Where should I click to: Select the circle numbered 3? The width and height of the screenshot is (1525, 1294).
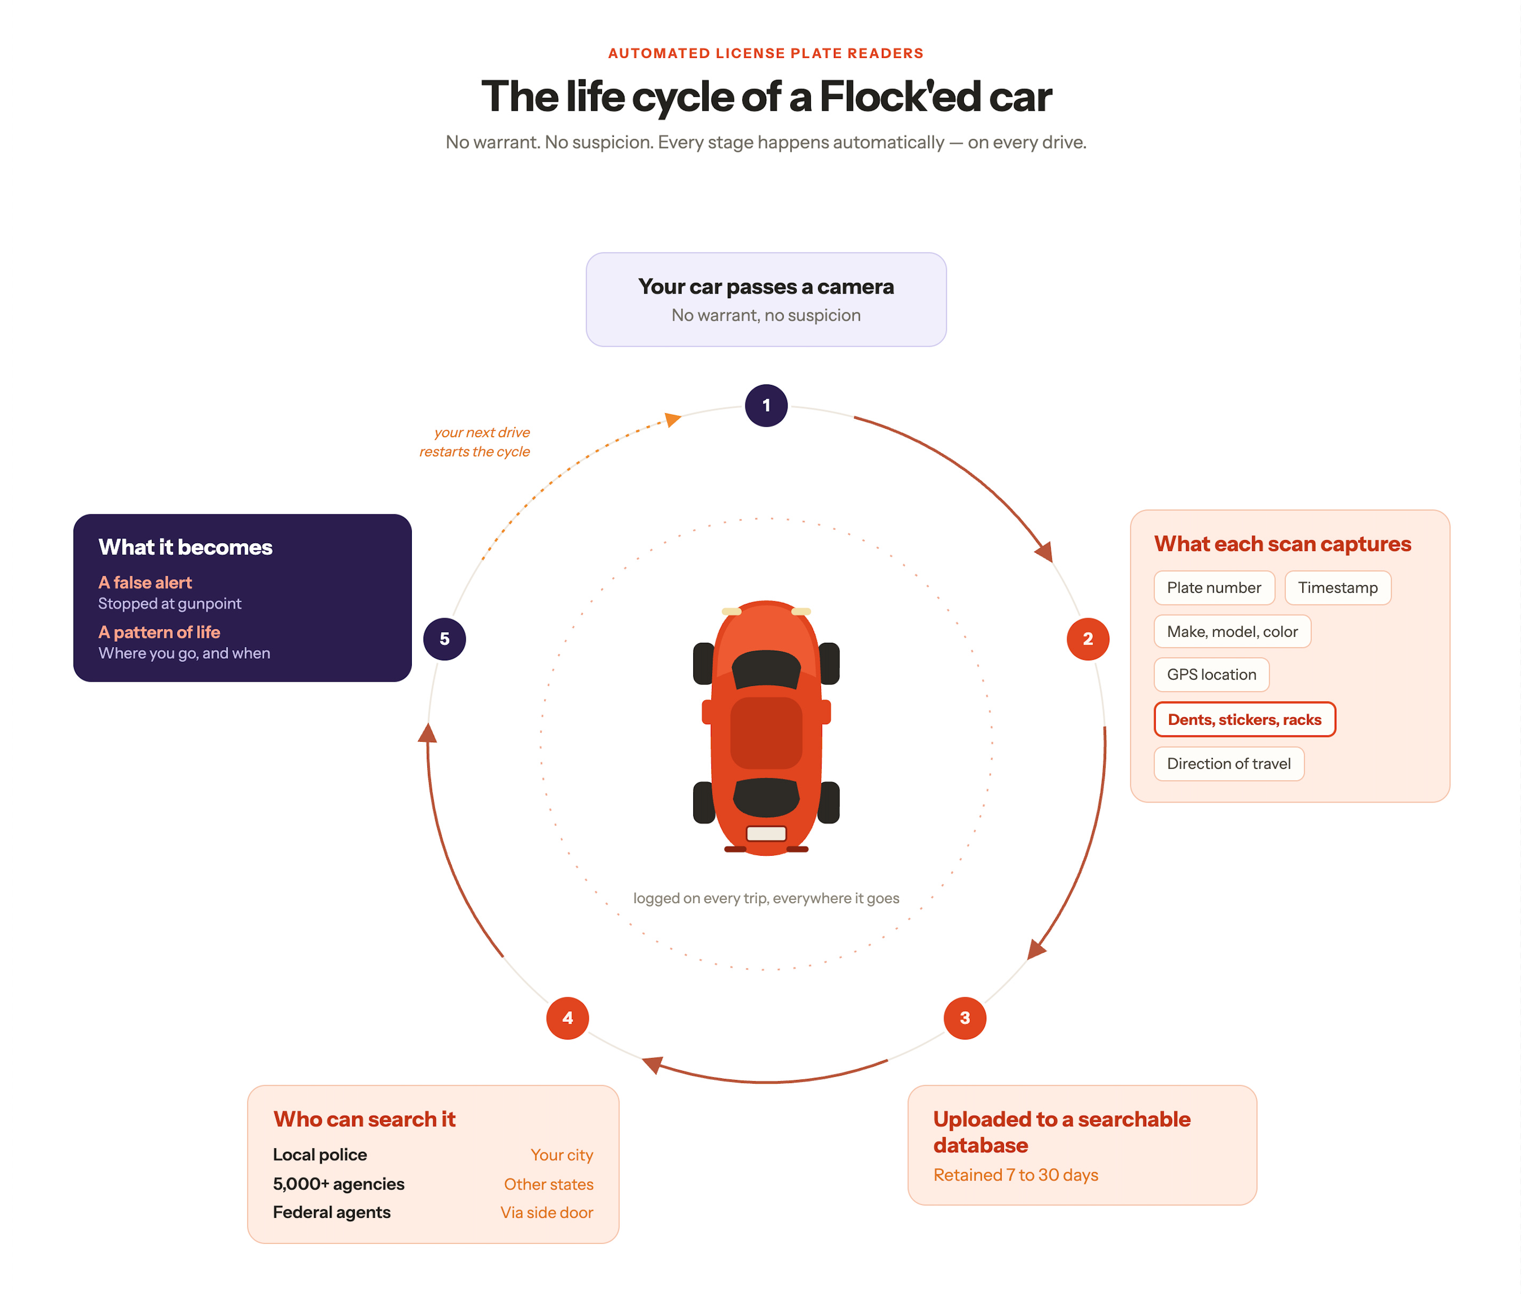pyautogui.click(x=964, y=1018)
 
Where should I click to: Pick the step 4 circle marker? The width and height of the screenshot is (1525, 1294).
pyautogui.click(x=567, y=1018)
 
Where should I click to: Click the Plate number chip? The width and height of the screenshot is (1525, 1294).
pyautogui.click(x=1214, y=587)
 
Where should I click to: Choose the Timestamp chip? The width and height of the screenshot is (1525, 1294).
pyautogui.click(x=1337, y=587)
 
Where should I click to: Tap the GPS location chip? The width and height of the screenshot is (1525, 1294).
pyautogui.click(x=1211, y=675)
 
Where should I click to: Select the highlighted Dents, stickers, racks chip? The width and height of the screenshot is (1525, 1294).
pyautogui.click(x=1244, y=719)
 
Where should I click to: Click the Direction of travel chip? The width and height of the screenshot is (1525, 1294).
pyautogui.click(x=1229, y=764)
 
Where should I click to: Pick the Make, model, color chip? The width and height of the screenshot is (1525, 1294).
pyautogui.click(x=1232, y=632)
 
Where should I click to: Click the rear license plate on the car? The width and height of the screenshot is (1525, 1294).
pyautogui.click(x=766, y=834)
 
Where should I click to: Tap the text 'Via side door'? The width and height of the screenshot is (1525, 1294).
pyautogui.click(x=547, y=1213)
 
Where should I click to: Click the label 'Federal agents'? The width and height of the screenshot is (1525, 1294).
pyautogui.click(x=332, y=1213)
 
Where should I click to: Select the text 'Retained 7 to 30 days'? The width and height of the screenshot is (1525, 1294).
pyautogui.click(x=1016, y=1175)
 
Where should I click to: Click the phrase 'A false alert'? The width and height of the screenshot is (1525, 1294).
pyautogui.click(x=145, y=583)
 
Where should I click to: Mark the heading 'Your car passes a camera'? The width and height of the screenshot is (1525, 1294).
pyautogui.click(x=766, y=287)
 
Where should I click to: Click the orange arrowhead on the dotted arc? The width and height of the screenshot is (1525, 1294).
pyautogui.click(x=672, y=419)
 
